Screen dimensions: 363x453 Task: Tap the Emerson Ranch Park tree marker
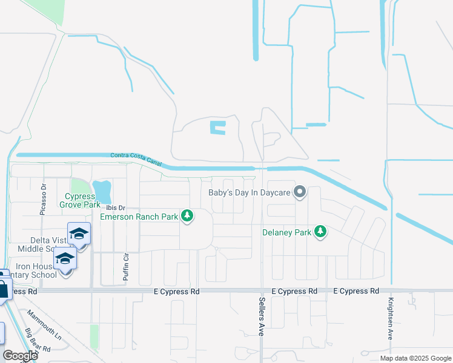click(188, 216)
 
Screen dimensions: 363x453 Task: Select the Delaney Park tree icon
click(321, 232)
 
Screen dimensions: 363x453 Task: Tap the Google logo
click(20, 356)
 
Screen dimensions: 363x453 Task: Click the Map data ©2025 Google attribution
click(415, 358)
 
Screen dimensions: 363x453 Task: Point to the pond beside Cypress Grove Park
click(103, 191)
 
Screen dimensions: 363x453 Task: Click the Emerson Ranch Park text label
click(139, 217)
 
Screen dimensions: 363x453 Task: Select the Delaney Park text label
click(286, 232)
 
